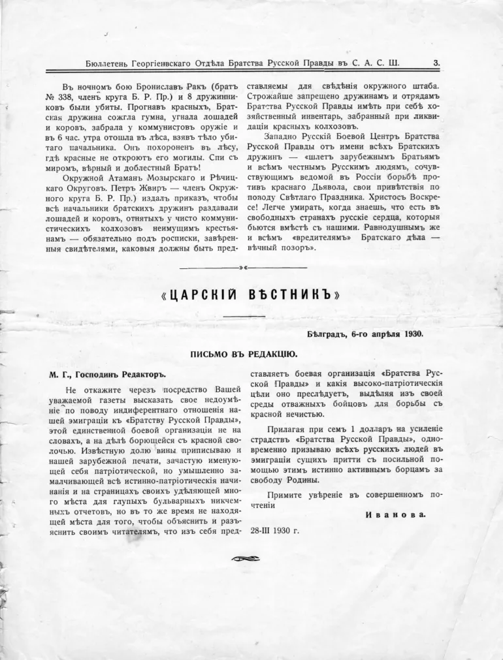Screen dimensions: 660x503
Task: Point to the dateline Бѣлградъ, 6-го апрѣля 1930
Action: (x=366, y=335)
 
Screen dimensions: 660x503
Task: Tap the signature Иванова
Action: (x=395, y=514)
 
